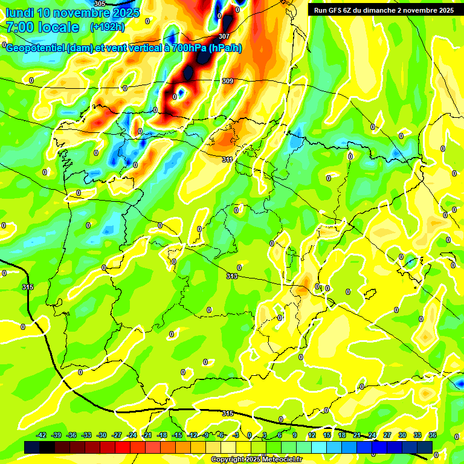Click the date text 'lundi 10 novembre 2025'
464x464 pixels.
click(72, 13)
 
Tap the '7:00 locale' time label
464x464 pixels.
click(42, 27)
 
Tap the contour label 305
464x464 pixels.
click(100, 4)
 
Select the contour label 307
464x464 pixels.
click(224, 36)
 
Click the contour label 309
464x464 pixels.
click(227, 81)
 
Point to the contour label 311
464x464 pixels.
click(227, 159)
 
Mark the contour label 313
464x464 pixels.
click(231, 276)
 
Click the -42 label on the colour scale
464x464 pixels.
click(42, 435)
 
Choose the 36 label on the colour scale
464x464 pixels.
click(433, 435)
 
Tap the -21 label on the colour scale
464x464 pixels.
click(147, 435)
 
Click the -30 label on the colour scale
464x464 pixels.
click(102, 435)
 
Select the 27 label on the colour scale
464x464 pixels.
click(387, 435)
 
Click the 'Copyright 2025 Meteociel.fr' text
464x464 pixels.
click(256, 460)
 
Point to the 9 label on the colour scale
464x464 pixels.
click(295, 435)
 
